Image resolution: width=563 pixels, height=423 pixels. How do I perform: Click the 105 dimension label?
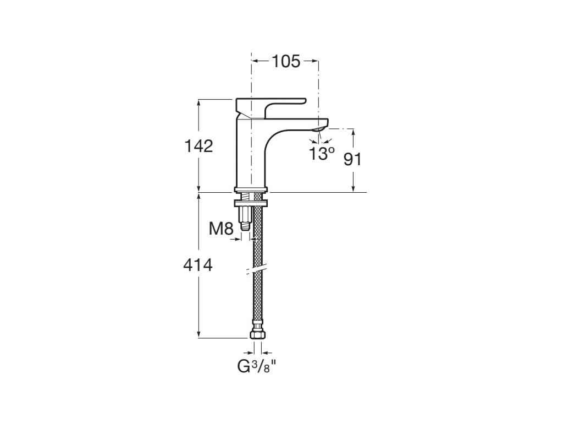click(x=286, y=61)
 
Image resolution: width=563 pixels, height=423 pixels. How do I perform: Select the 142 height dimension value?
click(x=198, y=147)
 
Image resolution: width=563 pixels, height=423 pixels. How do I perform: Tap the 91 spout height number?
click(x=352, y=159)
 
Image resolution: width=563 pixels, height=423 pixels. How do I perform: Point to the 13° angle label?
click(x=321, y=153)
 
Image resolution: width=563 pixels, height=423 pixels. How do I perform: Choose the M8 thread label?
click(x=221, y=228)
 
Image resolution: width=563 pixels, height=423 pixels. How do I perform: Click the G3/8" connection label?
click(x=256, y=366)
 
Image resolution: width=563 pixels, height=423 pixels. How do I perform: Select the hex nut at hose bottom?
click(x=257, y=334)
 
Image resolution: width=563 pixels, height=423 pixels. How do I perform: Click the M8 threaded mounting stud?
click(x=245, y=218)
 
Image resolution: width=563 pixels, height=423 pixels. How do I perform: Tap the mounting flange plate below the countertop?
click(x=251, y=202)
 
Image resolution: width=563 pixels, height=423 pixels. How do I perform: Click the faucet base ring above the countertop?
click(x=251, y=189)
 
